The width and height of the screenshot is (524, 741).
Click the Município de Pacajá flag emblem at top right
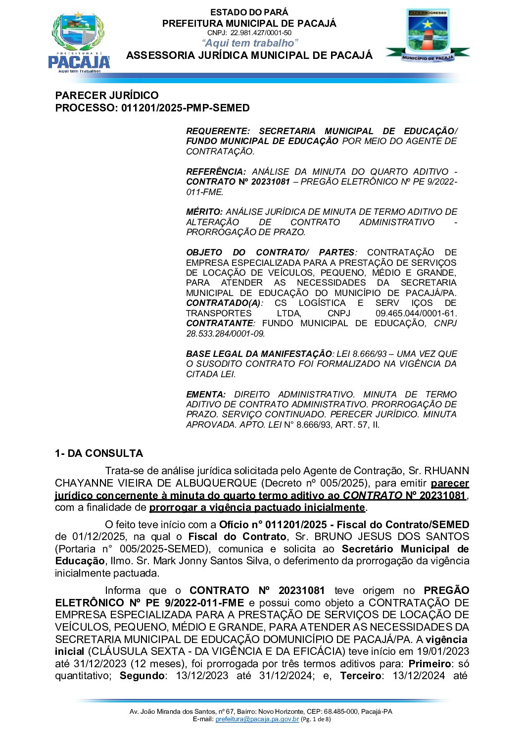pyautogui.click(x=428, y=36)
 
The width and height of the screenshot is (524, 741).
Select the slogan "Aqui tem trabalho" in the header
pyautogui.click(x=250, y=43)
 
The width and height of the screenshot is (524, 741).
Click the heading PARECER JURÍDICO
pyautogui.click(x=107, y=96)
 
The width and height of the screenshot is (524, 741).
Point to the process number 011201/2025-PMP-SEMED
pyautogui.click(x=185, y=108)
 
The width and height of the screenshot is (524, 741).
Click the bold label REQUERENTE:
pyautogui.click(x=218, y=131)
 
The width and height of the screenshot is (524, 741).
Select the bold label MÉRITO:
pyautogui.click(x=204, y=212)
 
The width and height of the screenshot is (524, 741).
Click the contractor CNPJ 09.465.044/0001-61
pyautogui.click(x=416, y=313)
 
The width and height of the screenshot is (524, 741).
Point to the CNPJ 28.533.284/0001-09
pyautogui.click(x=225, y=334)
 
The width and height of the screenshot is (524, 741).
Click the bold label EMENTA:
pyautogui.click(x=205, y=395)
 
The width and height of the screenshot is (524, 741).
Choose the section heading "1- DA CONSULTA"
pyautogui.click(x=99, y=453)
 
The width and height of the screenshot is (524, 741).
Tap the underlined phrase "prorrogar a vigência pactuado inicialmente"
pyautogui.click(x=257, y=507)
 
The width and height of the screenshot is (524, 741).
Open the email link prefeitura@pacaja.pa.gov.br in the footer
pyautogui.click(x=257, y=719)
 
